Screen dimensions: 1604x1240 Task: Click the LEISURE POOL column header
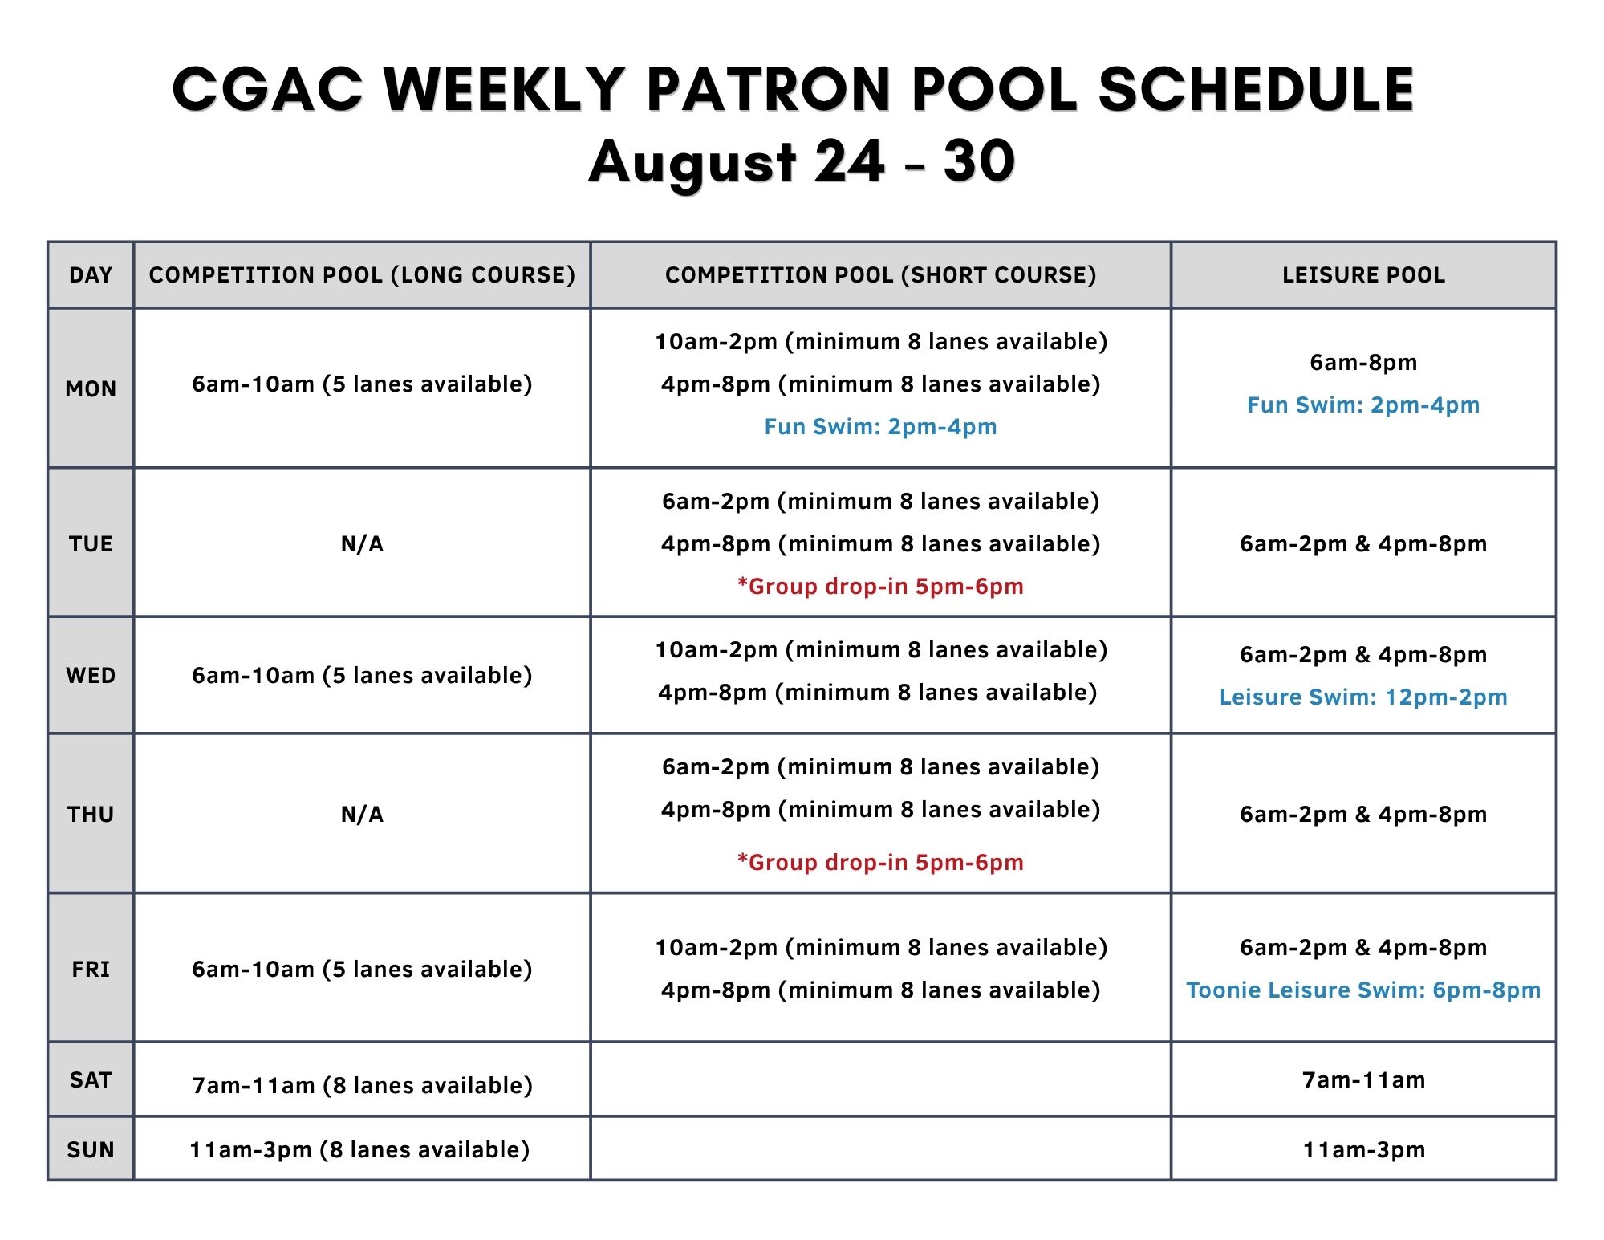(1363, 275)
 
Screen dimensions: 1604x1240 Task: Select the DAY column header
(91, 275)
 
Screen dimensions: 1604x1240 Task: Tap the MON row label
(91, 389)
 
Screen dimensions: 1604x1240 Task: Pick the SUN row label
(91, 1150)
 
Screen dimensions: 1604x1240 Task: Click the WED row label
(91, 676)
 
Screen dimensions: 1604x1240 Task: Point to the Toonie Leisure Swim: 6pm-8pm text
(1363, 990)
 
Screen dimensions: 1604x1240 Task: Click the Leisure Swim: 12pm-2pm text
(1363, 697)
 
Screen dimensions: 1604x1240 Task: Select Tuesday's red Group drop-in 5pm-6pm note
(880, 587)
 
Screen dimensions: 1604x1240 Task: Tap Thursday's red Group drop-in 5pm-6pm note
(880, 863)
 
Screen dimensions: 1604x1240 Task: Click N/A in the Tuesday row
(362, 544)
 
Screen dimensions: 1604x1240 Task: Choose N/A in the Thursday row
(362, 815)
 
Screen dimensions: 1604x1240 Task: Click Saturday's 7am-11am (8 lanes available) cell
(362, 1086)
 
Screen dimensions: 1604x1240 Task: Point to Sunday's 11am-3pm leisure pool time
(1363, 1150)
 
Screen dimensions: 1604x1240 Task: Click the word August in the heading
(692, 163)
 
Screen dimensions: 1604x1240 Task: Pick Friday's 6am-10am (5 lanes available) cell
(362, 970)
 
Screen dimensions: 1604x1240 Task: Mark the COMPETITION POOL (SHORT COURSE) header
(880, 275)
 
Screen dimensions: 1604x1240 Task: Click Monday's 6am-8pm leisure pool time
(1363, 363)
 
